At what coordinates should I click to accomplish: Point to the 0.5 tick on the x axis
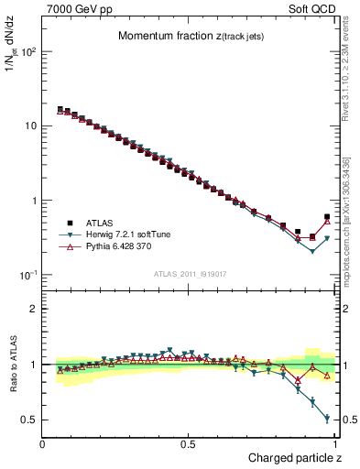coord(190,443)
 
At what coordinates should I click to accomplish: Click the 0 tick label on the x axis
coord(43,443)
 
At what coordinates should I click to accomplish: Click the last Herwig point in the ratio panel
coord(327,419)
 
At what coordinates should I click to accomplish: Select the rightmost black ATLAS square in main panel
coord(327,217)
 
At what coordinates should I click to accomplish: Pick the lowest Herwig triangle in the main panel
coord(312,251)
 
